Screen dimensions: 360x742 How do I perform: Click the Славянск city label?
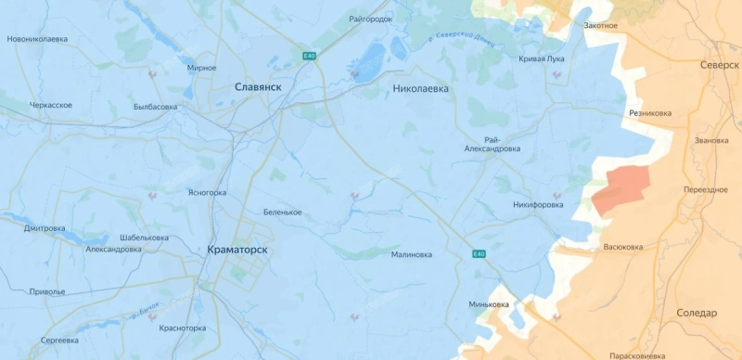(258, 85)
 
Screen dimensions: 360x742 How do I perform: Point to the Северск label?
(720, 66)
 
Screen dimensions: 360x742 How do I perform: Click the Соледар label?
(696, 313)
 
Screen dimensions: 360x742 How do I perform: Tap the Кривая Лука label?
(541, 58)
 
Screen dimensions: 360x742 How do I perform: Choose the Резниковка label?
(649, 113)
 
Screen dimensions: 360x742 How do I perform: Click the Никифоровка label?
(537, 205)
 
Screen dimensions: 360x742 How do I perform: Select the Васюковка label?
(622, 247)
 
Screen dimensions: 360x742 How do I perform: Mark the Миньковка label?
(489, 304)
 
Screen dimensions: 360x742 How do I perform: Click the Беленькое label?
(282, 212)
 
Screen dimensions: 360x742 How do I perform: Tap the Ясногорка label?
(207, 193)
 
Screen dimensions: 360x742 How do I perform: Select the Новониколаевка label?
(37, 39)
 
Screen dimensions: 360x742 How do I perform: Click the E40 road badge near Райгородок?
(309, 58)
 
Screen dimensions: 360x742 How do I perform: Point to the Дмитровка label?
(45, 228)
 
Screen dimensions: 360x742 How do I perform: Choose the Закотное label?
(600, 25)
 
